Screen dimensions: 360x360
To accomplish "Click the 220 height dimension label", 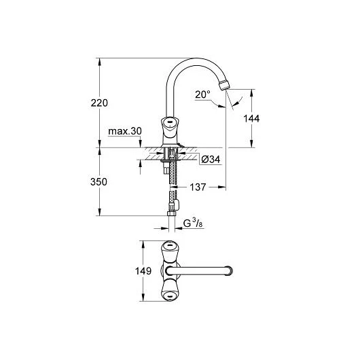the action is [x=99, y=103].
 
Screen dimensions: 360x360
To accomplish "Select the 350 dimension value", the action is [x=98, y=182].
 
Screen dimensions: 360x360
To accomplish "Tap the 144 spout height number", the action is [x=251, y=118].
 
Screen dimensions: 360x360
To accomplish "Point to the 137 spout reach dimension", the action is [x=198, y=187].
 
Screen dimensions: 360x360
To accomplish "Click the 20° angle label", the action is [x=202, y=94].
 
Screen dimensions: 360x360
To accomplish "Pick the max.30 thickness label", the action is [x=125, y=131].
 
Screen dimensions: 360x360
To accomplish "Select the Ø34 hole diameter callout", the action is [x=211, y=160].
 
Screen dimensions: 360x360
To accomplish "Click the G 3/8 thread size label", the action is [x=193, y=223].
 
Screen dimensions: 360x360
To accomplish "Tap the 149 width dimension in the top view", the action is [x=143, y=271].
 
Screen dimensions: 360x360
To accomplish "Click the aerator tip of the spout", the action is [x=224, y=85].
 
